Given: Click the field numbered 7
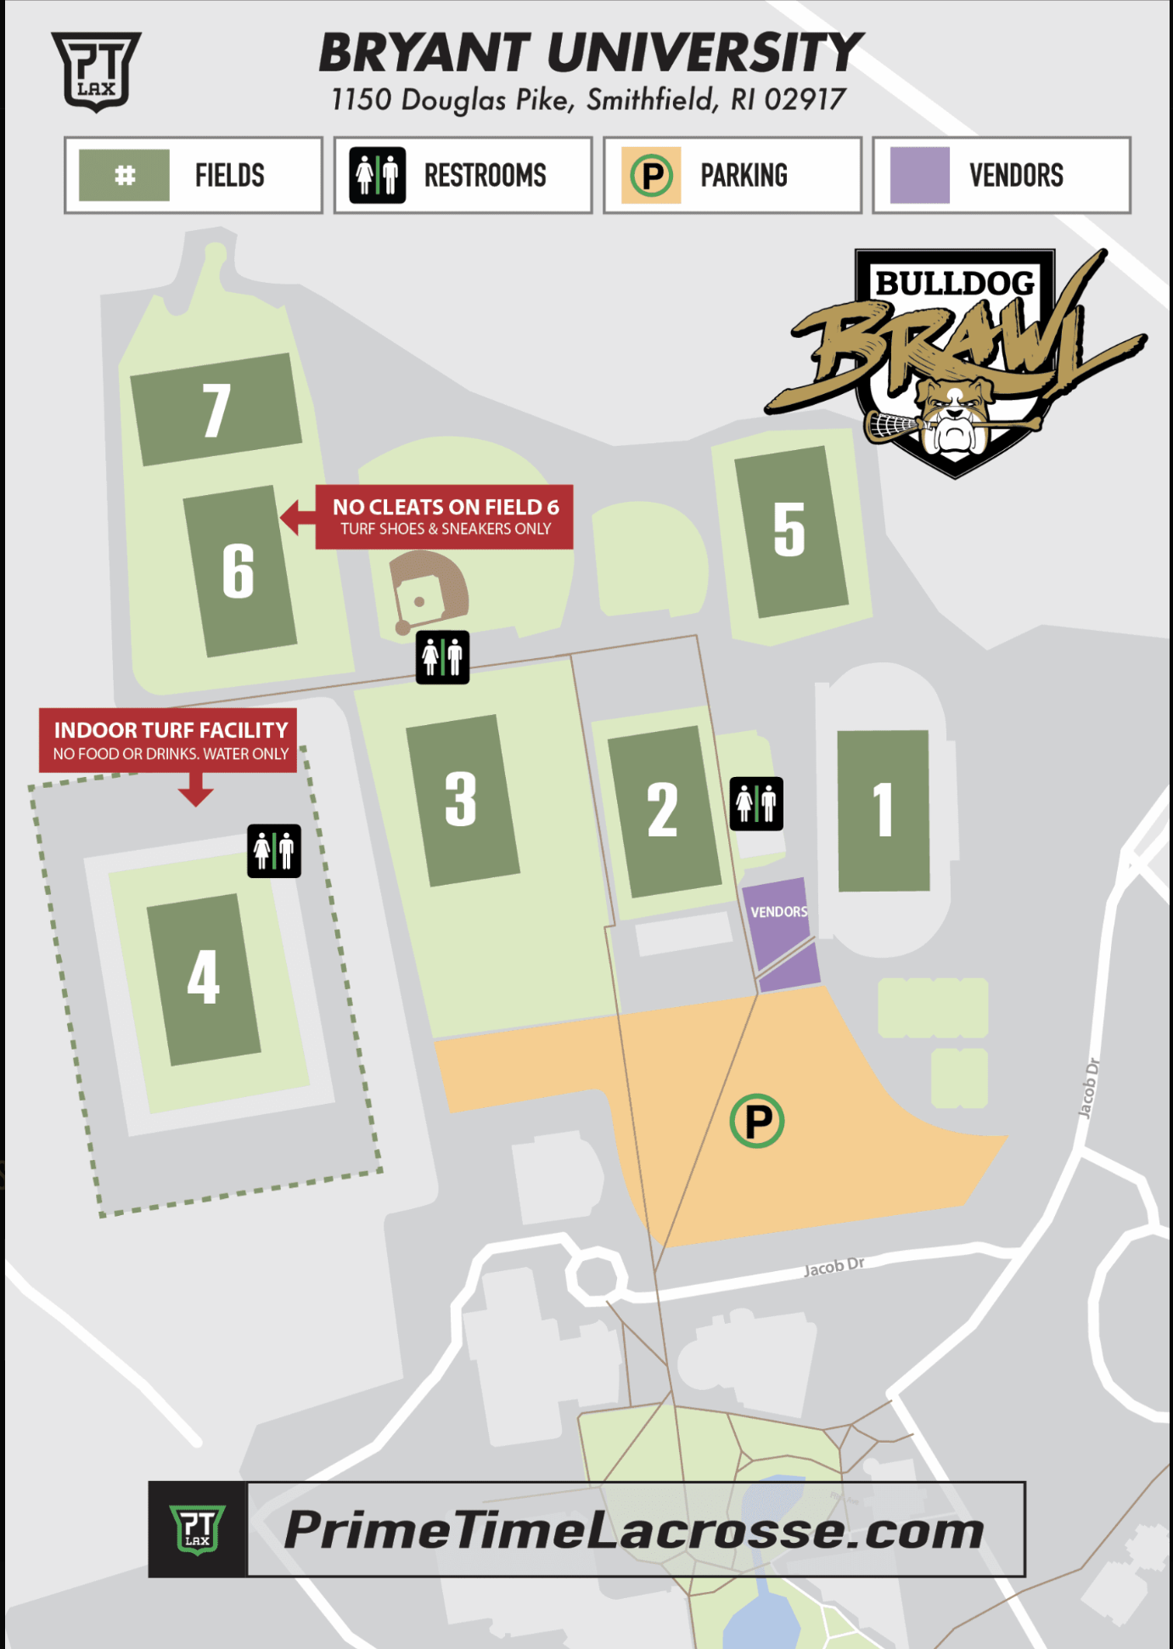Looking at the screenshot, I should point(216,410).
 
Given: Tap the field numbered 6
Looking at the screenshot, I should point(239,571).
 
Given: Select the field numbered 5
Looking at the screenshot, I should point(790,531).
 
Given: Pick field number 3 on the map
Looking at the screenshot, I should point(462,800).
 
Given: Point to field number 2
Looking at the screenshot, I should point(663,811).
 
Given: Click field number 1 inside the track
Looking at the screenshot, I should point(884,810).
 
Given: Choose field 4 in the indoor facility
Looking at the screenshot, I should point(204,978).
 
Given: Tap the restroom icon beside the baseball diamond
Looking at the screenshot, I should point(442,657).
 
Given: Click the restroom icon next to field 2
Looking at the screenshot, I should point(756,803).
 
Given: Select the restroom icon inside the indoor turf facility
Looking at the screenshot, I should point(274,851).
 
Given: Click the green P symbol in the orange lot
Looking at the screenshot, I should point(757,1121).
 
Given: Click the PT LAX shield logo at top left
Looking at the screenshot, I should point(96,70).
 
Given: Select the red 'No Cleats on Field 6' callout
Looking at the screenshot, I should point(444,517).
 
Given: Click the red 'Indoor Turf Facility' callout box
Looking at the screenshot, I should point(168,740).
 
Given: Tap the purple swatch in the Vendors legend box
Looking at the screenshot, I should point(920,175).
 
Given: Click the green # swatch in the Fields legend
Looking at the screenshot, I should point(125,175).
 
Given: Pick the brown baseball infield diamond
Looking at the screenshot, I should point(426,588).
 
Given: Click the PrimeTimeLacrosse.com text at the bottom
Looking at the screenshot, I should point(634,1530).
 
